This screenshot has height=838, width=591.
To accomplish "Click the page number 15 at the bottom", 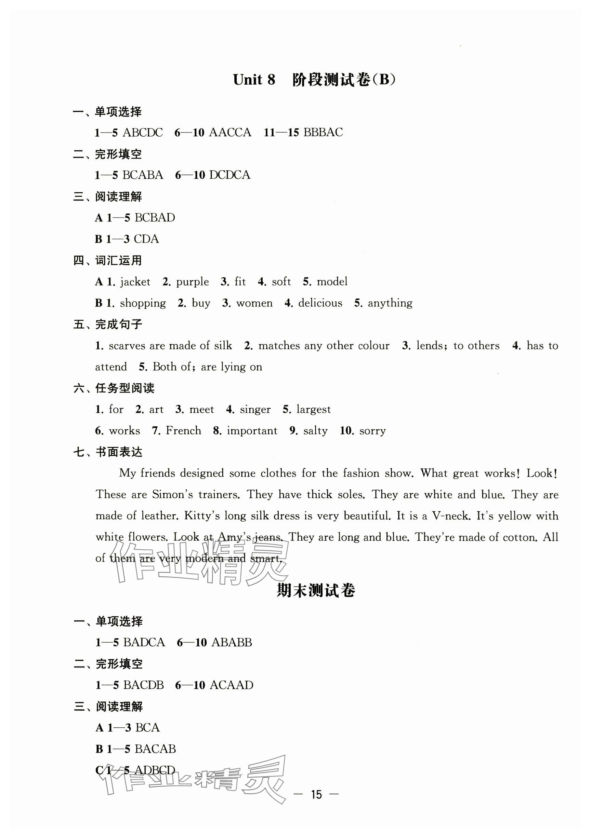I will pyautogui.click(x=316, y=795).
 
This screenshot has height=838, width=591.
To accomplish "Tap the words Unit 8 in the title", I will pyautogui.click(x=254, y=80).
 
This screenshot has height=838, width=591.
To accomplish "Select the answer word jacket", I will pyautogui.click(x=135, y=282).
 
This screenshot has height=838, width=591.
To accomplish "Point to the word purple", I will pyautogui.click(x=192, y=282).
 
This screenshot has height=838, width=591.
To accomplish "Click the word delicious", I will pyautogui.click(x=320, y=303).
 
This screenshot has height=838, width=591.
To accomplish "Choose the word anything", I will pyautogui.click(x=390, y=303).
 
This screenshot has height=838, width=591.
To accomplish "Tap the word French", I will pyautogui.click(x=183, y=431).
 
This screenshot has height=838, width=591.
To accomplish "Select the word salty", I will pyautogui.click(x=315, y=431).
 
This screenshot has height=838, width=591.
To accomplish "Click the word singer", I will pyautogui.click(x=255, y=410).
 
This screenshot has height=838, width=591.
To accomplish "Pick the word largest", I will pyautogui.click(x=314, y=410).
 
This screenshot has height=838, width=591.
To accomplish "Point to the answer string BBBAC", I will pyautogui.click(x=323, y=132).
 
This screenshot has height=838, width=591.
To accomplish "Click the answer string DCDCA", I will pyautogui.click(x=230, y=175).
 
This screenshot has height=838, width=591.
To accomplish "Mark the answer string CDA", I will pyautogui.click(x=146, y=239).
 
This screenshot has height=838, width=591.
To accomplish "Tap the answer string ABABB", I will pyautogui.click(x=232, y=642).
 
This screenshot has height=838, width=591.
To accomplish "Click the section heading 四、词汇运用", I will pyautogui.click(x=107, y=261).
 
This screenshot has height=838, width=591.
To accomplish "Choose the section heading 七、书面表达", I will pyautogui.click(x=108, y=452).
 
